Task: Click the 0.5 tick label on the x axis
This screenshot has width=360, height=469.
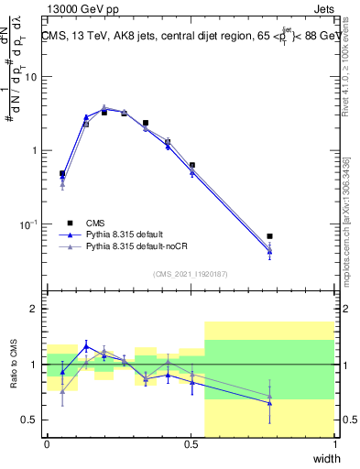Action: pos(191,443)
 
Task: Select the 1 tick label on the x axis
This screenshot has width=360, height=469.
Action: pos(335,443)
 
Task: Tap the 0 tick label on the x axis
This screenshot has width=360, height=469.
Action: pos(47,443)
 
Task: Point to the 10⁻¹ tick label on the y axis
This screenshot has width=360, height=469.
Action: pos(29,224)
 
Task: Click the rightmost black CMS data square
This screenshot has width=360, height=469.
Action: pos(269,236)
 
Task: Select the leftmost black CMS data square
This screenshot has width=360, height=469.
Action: pos(62,173)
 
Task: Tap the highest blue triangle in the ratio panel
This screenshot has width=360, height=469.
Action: pos(86,346)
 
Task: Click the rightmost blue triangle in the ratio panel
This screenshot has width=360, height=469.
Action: pos(269,403)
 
